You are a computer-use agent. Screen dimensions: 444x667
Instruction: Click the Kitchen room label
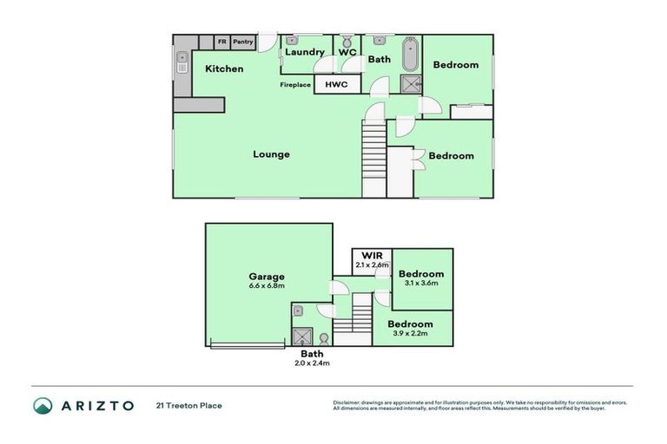224,69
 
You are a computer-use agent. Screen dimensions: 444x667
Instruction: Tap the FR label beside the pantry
221,42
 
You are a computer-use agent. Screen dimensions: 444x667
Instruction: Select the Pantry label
243,42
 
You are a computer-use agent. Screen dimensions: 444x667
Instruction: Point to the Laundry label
304,53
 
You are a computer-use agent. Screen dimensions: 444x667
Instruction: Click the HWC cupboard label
336,84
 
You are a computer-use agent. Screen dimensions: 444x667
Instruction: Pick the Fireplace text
295,85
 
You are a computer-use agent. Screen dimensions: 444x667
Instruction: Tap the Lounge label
271,154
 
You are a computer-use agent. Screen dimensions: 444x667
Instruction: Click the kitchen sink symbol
182,62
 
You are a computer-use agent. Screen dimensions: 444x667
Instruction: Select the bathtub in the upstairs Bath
410,54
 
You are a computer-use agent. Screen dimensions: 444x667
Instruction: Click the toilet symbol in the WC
346,41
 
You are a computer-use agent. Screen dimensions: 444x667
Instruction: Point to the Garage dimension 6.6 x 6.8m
268,286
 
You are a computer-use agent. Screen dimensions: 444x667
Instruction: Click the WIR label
371,256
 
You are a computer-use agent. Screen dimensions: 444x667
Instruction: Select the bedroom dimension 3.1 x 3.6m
421,283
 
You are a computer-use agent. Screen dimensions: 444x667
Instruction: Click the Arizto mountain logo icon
43,405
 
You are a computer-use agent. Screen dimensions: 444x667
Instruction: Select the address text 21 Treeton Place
189,406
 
